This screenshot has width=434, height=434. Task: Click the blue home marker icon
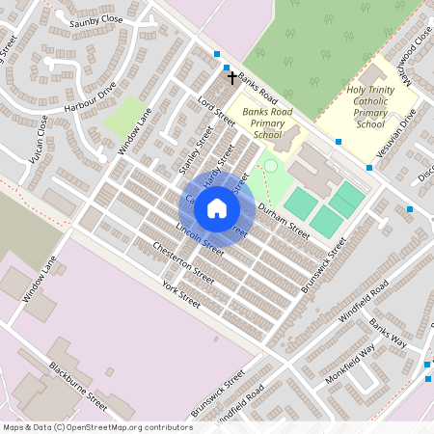(217, 208)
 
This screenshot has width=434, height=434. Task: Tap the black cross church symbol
(231, 75)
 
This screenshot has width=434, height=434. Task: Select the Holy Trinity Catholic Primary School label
(370, 107)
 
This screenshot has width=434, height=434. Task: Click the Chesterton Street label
(183, 262)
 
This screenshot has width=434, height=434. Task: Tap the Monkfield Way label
(349, 364)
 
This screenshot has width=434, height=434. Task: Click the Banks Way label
(389, 337)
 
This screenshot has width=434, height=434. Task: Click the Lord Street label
(216, 111)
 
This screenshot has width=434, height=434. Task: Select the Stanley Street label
(196, 149)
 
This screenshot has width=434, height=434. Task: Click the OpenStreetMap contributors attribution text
(96, 426)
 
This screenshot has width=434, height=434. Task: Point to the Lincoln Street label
(200, 239)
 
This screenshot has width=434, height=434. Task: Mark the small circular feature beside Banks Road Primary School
(270, 167)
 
